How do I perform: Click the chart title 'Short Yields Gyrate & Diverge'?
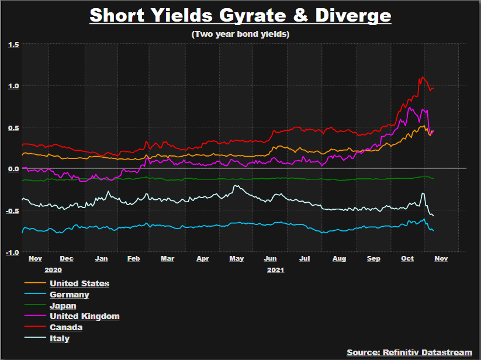click(240, 15)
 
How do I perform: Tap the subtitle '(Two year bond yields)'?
click(240, 34)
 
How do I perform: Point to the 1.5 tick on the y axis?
click(13, 44)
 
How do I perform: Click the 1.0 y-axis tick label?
click(13, 86)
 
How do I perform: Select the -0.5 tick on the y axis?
click(12, 210)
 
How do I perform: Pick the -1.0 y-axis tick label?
click(12, 252)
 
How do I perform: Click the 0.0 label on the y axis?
click(13, 169)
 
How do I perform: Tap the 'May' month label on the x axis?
click(236, 259)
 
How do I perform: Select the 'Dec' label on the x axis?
click(67, 259)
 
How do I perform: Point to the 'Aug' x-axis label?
click(339, 259)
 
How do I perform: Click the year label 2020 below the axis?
click(53, 270)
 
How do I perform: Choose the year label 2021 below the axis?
click(275, 270)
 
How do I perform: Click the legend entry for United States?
click(79, 283)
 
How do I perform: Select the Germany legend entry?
click(70, 295)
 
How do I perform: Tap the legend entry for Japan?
click(63, 306)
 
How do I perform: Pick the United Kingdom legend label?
click(85, 316)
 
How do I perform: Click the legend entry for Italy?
click(60, 338)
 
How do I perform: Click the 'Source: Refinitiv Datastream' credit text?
click(409, 352)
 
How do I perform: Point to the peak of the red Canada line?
click(420, 77)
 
